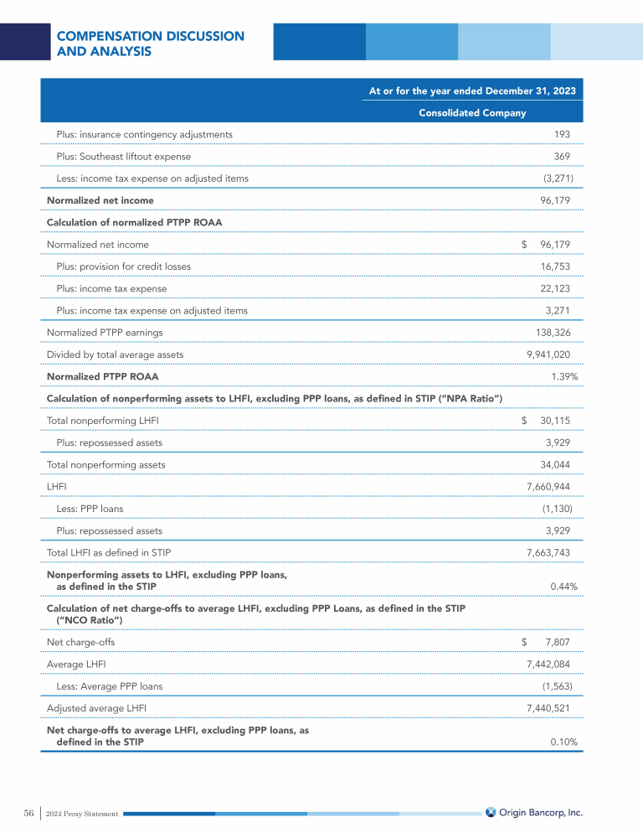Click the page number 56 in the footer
(x=28, y=813)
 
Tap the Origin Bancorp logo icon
(x=491, y=812)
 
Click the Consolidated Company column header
(x=472, y=113)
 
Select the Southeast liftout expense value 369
(x=562, y=157)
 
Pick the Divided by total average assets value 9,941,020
(x=548, y=355)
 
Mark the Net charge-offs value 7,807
(x=558, y=642)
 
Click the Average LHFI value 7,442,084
(x=548, y=664)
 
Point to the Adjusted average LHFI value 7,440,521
(x=548, y=708)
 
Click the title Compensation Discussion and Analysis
(x=150, y=44)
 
